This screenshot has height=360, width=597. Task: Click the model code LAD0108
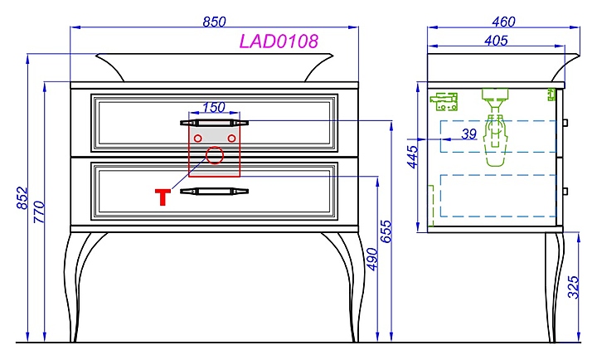[x=279, y=41]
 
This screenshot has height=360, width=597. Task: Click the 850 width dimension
[x=214, y=22]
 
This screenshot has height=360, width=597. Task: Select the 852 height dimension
[x=22, y=197]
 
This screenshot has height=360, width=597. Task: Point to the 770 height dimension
[x=39, y=212]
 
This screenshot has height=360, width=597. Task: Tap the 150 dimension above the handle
[x=214, y=108]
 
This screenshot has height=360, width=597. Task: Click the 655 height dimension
[x=386, y=231]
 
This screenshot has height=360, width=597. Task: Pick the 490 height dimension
[x=372, y=259]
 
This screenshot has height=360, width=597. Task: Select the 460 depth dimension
[x=503, y=22]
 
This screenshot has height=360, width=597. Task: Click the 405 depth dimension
[x=496, y=41]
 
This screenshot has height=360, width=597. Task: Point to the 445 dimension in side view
[x=413, y=157]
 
